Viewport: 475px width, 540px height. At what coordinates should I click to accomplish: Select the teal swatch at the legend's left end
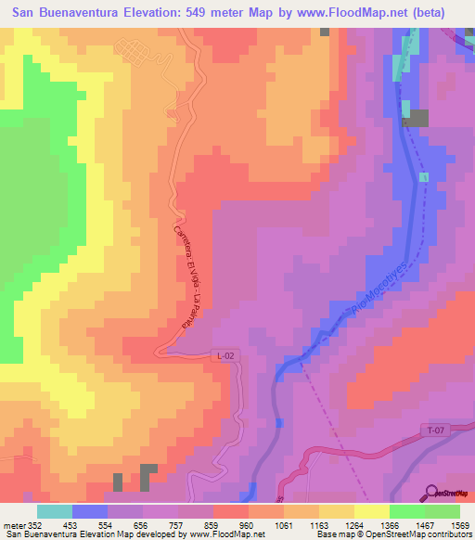coord(55,511)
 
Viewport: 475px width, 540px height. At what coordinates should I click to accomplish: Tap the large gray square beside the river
coord(416,118)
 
